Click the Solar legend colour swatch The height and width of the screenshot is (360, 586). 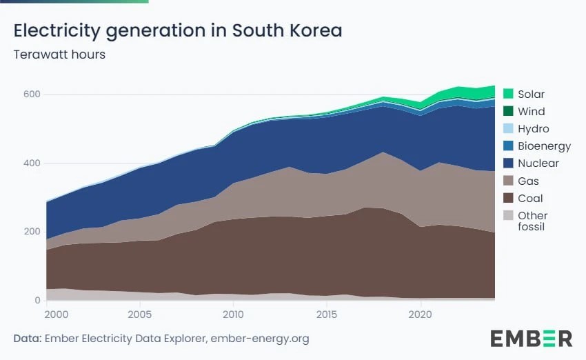pyautogui.click(x=508, y=94)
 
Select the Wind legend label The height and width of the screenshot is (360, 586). pyautogui.click(x=531, y=112)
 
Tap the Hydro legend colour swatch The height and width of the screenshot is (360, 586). pyautogui.click(x=508, y=128)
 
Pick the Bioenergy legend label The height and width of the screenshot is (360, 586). pyautogui.click(x=544, y=146)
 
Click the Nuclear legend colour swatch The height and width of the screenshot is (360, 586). pyautogui.click(x=508, y=163)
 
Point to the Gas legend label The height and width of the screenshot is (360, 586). pyautogui.click(x=528, y=181)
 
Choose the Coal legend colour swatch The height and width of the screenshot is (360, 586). pyautogui.click(x=508, y=198)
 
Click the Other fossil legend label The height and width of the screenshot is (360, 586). pyautogui.click(x=532, y=221)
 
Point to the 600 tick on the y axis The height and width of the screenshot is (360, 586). pyautogui.click(x=32, y=94)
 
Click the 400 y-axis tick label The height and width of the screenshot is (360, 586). pyautogui.click(x=32, y=163)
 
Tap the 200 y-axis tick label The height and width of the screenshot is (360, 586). pyautogui.click(x=32, y=232)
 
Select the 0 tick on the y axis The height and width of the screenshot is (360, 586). pyautogui.click(x=37, y=300)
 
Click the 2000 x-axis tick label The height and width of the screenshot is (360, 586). pyautogui.click(x=57, y=314)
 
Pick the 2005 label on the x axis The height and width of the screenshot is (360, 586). pyautogui.click(x=140, y=314)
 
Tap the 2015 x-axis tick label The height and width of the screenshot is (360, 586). pyautogui.click(x=327, y=314)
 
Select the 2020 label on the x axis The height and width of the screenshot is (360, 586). pyautogui.click(x=420, y=314)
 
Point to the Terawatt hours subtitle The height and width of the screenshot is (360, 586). pyautogui.click(x=59, y=54)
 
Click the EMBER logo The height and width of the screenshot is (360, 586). pyautogui.click(x=531, y=339)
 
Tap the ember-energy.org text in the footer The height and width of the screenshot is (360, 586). pyautogui.click(x=260, y=339)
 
